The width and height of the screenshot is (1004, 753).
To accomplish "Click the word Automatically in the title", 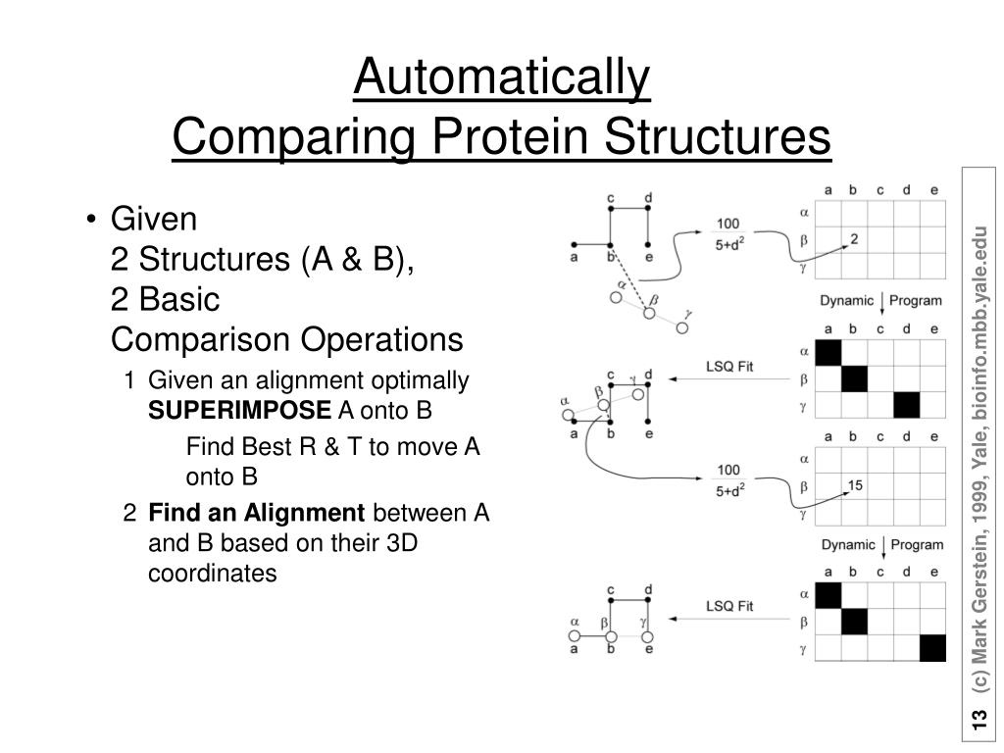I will [x=501, y=79].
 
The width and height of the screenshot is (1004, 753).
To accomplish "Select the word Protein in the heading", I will [x=519, y=136].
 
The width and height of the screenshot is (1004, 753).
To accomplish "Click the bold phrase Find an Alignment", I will [x=256, y=513].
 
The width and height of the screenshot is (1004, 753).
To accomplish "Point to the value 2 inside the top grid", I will [x=854, y=238].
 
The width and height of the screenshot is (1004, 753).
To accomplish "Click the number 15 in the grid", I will [x=854, y=484].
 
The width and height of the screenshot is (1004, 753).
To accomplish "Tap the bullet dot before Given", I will [x=91, y=219].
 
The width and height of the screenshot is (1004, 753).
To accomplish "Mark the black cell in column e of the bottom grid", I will [x=932, y=648].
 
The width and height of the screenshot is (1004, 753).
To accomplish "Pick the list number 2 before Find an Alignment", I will [x=130, y=513].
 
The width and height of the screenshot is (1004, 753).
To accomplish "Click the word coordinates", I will [x=213, y=574].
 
